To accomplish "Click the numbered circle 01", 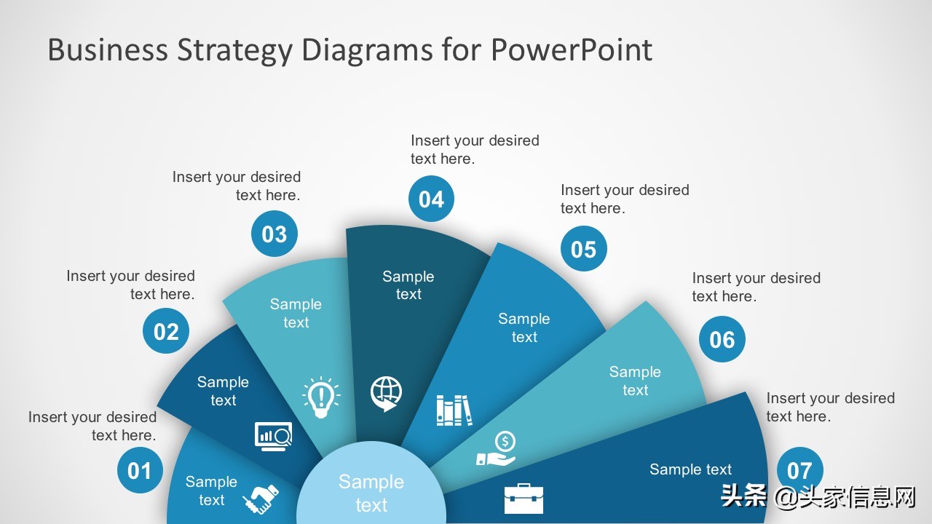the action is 140,470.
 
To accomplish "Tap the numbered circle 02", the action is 166,331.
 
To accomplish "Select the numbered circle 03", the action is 275,234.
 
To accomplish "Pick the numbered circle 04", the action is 432,199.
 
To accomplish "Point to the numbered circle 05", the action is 584,249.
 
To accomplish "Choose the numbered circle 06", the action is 722,339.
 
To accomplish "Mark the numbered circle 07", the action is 799,470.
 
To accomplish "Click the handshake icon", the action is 261,499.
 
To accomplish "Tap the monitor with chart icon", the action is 273,436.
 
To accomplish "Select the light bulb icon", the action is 321,397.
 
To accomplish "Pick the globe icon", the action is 386,394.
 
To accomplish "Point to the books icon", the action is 454,410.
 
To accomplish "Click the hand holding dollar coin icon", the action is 497,449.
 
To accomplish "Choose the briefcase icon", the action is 524,499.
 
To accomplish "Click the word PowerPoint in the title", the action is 572,50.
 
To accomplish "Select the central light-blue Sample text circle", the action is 371,483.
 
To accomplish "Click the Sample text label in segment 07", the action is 691,469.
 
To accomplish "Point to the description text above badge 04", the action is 475,149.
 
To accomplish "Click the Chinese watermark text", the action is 818,496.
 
